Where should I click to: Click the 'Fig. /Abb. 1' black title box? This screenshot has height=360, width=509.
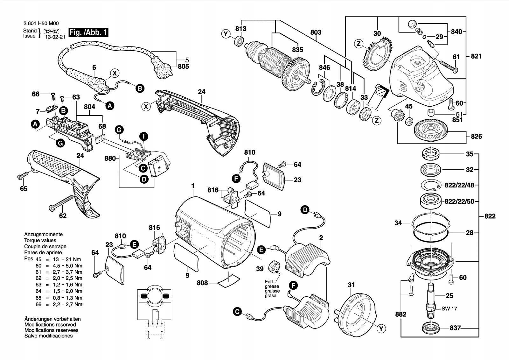coord(88,32)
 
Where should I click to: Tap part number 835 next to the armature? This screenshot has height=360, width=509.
coord(298,50)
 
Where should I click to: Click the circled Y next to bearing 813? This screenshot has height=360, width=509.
coord(226,34)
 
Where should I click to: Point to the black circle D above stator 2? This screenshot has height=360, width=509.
coord(305,209)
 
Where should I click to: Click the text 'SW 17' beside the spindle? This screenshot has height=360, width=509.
coord(449,309)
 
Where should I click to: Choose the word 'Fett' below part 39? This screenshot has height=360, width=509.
coord(269,282)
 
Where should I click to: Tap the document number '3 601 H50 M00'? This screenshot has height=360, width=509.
coord(41,24)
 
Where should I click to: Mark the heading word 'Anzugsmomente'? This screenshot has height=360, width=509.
coord(40,234)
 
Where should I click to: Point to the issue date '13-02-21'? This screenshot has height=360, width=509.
coord(55,37)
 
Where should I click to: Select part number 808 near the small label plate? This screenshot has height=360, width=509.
coord(202,283)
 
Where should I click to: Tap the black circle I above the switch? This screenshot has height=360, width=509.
coord(144,137)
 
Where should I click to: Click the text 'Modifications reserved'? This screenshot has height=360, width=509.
coord(50,325)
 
